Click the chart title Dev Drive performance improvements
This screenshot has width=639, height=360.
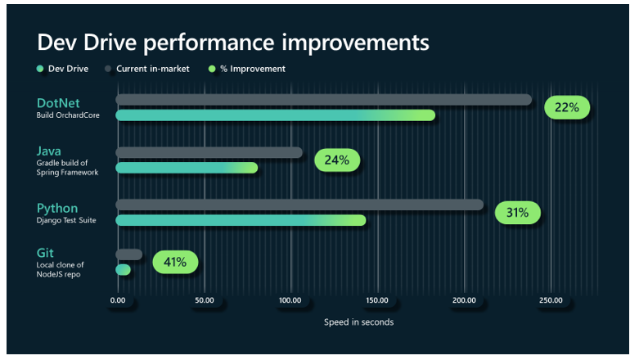point(232,42)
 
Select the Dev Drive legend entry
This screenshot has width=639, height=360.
point(62,69)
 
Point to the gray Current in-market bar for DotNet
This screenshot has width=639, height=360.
point(323,100)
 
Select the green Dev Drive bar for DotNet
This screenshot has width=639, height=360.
point(275,115)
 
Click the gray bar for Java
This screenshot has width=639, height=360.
point(209,152)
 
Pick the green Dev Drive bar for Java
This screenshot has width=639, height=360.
point(187,168)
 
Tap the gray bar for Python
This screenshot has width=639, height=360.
point(299,205)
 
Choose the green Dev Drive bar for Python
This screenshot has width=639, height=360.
point(241,220)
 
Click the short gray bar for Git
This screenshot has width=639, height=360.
point(128,254)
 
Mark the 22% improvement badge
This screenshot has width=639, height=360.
point(567,107)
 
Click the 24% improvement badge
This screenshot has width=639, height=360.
point(336,160)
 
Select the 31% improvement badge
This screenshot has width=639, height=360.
point(517,213)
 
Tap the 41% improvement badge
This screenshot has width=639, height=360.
point(175,263)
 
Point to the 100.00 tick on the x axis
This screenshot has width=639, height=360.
point(290,300)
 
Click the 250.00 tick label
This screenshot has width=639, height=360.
point(550,300)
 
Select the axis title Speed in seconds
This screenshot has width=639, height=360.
point(358,322)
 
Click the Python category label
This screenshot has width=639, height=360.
point(56,208)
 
